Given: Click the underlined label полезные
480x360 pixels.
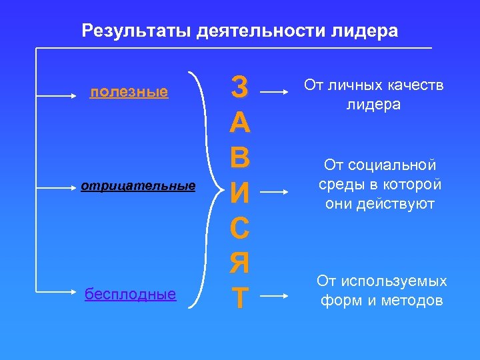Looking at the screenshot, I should (129, 92).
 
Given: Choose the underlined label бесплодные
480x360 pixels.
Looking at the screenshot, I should (131, 294).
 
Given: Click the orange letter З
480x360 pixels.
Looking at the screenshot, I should (239, 85).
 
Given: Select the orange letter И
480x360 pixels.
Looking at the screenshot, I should (239, 193).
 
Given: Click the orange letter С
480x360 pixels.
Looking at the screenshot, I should (239, 229).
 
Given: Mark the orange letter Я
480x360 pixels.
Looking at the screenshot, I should (239, 265).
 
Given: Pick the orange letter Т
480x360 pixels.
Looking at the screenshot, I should (239, 300).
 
